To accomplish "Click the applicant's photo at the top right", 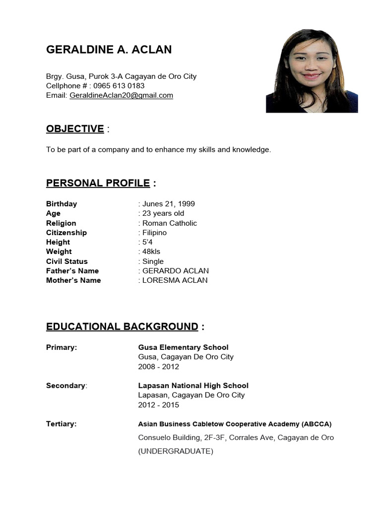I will point(312,71).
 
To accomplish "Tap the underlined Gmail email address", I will point(122,95).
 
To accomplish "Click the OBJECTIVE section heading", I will point(75,129).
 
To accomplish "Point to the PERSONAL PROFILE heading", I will point(98,184).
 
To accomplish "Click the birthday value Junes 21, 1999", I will point(169,204).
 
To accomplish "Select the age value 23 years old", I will point(163,213).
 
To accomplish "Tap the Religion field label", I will point(61,223).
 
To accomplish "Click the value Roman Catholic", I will point(170,223).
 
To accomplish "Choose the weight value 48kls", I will point(151,252).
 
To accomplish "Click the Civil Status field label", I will point(67,261).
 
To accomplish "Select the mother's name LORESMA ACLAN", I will point(175,280).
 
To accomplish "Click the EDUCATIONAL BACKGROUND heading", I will point(122,326).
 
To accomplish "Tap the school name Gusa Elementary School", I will point(183,347).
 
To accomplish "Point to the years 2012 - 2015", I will point(159,405).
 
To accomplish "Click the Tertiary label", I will point(61,424).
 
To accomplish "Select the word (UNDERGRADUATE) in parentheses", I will point(176,451).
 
